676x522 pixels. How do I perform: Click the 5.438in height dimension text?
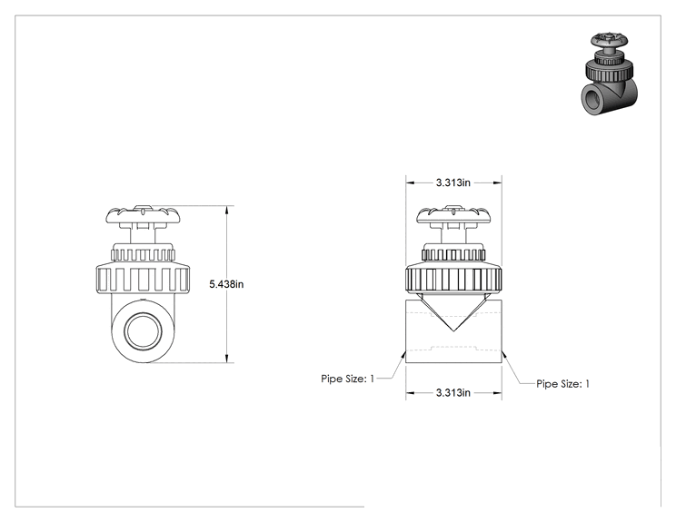[x=226, y=284]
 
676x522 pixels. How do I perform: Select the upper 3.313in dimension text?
[x=453, y=182]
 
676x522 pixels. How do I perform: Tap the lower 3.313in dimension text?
[x=453, y=393]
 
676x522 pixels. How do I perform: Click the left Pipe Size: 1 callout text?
[x=348, y=379]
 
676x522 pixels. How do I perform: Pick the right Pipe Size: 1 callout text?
[x=562, y=384]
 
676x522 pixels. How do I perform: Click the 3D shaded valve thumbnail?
[x=609, y=74]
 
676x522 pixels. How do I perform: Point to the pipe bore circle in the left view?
[x=143, y=330]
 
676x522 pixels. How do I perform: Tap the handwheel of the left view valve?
[x=142, y=214]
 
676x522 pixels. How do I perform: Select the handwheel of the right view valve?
[x=453, y=214]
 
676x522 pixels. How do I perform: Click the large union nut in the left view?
[x=143, y=279]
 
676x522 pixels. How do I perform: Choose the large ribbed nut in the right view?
[x=453, y=279]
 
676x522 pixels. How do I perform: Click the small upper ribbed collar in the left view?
[x=143, y=252]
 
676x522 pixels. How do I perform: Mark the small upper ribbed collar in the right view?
[x=453, y=252]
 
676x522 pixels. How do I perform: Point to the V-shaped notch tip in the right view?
[x=453, y=331]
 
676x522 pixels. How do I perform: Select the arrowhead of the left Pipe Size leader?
[x=403, y=354]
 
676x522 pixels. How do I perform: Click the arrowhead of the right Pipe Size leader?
[x=503, y=354]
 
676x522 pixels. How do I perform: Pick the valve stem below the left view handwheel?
[x=143, y=234]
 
